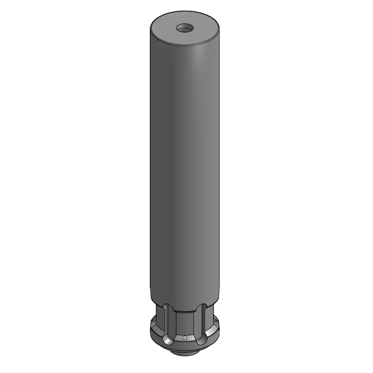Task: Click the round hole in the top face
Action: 184,27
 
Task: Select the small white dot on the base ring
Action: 185,338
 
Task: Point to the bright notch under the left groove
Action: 169,341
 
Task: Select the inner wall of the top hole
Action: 184,25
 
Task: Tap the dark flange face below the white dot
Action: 185,346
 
